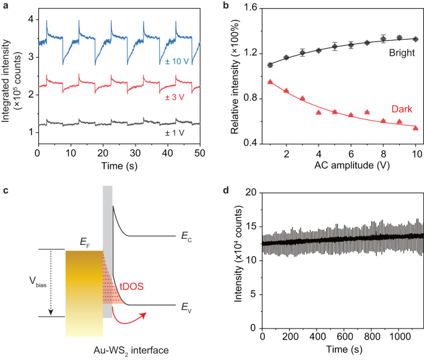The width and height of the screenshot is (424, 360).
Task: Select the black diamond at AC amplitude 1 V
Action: [269, 65]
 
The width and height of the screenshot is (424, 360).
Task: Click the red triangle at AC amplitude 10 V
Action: [415, 128]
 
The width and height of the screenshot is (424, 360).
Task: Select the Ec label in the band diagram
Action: [186, 236]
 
